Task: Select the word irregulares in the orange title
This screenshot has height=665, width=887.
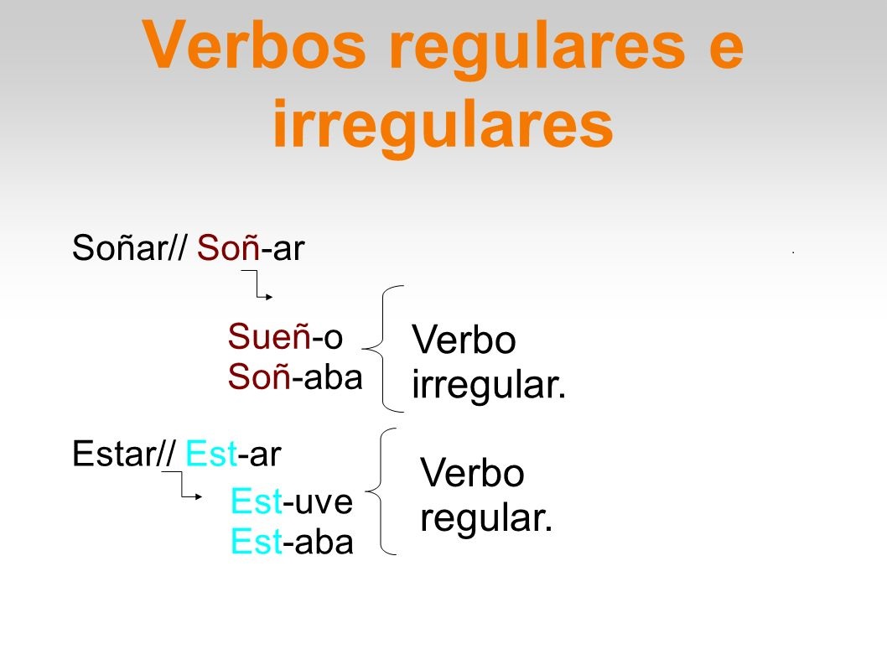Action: click(442, 126)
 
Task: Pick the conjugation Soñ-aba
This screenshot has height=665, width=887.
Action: click(295, 377)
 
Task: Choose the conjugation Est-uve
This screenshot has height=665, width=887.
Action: click(291, 502)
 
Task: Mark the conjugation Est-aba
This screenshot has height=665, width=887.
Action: click(292, 543)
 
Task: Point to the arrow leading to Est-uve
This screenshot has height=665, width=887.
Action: click(183, 486)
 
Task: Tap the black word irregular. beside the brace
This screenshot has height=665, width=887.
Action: click(489, 387)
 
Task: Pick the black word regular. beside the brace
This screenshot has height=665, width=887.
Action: click(486, 518)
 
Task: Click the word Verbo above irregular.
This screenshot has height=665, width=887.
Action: click(464, 341)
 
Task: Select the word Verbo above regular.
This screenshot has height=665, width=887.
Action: click(472, 474)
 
